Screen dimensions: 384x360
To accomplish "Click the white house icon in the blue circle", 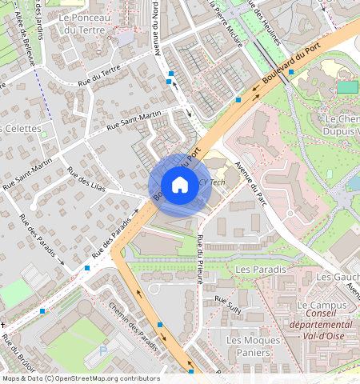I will (x=180, y=185).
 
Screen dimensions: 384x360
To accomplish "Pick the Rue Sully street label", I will (x=228, y=303).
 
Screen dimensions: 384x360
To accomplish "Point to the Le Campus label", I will (x=322, y=306).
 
